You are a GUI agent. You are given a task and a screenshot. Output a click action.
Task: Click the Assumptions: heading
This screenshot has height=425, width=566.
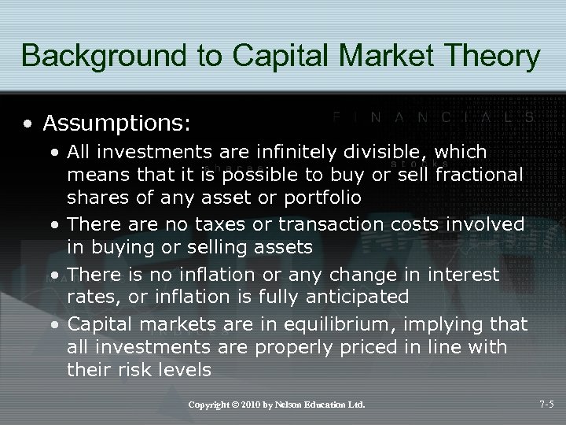(x=117, y=124)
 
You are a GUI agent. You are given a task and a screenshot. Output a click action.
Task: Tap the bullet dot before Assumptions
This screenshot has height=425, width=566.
(x=28, y=124)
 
